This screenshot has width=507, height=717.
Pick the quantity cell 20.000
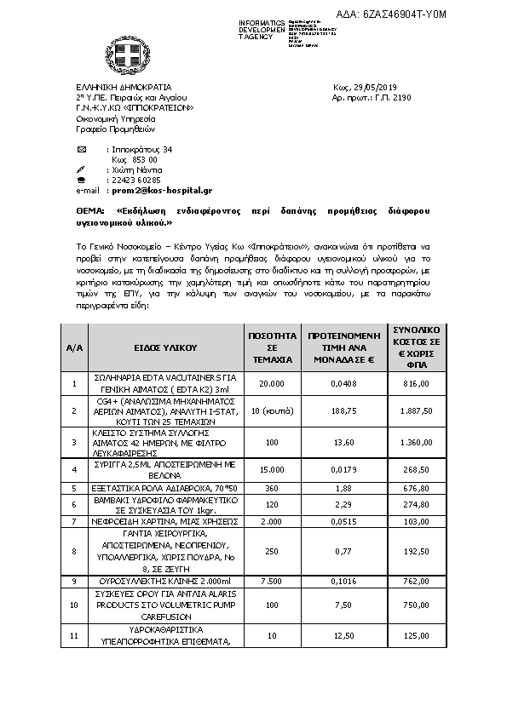point(272,384)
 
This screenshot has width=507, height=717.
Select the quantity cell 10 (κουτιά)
point(272,411)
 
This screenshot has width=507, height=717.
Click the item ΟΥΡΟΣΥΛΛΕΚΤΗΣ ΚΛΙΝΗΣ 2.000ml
point(165,582)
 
